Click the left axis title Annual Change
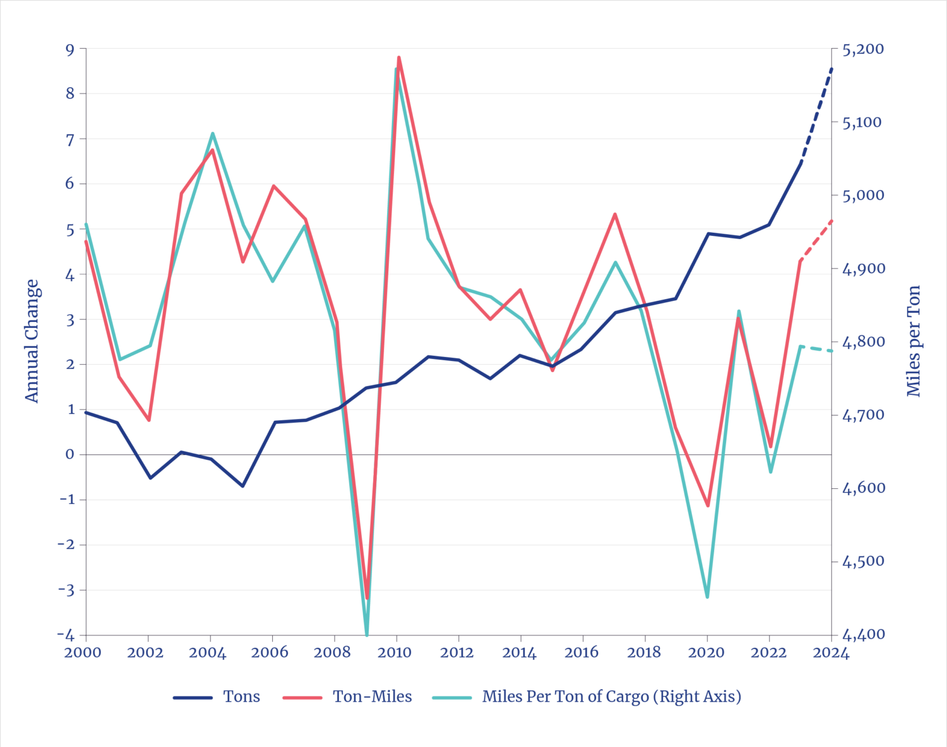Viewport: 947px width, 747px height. tap(32, 341)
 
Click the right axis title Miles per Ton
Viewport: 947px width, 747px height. tap(914, 341)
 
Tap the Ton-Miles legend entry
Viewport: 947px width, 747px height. tap(372, 697)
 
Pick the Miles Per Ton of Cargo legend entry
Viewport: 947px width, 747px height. tap(611, 697)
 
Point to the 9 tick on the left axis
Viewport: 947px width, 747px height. tap(69, 49)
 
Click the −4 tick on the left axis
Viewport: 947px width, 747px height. tap(66, 635)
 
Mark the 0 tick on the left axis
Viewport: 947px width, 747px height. tap(69, 454)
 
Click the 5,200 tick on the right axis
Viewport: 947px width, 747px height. tap(862, 49)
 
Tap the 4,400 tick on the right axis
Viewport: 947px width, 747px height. tap(862, 635)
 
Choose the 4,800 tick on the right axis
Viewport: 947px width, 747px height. tap(862, 342)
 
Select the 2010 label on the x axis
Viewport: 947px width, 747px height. tap(395, 652)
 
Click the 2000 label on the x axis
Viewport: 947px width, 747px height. tap(83, 652)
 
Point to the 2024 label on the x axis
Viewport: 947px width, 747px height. tap(831, 652)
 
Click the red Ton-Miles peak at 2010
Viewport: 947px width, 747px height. tap(398, 56)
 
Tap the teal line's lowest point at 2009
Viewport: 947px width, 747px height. tap(367, 633)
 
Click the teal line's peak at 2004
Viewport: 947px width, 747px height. tap(212, 133)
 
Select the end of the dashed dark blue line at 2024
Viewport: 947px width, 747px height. tap(832, 68)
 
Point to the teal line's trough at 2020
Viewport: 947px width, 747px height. tap(707, 597)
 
